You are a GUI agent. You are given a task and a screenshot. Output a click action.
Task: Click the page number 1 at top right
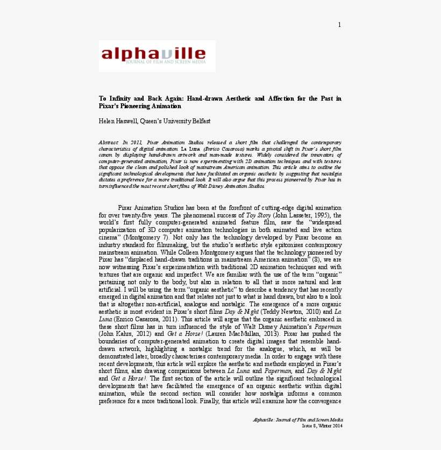tap(339, 25)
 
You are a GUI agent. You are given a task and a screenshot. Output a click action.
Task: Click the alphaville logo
tap(153, 54)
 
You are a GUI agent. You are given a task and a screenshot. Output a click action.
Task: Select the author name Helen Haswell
tap(118, 121)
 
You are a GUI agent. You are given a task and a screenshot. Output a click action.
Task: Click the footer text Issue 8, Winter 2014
tap(322, 426)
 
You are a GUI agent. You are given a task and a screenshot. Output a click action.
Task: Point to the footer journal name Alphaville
tap(265, 419)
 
